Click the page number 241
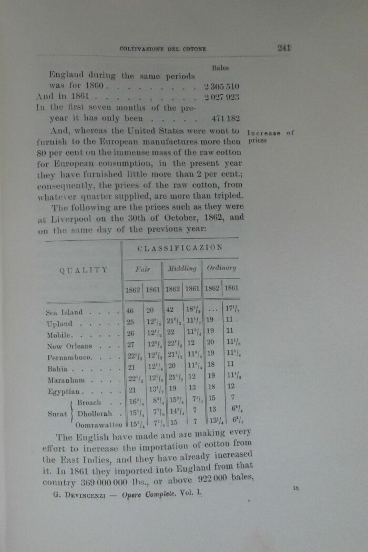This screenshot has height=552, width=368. click(x=284, y=48)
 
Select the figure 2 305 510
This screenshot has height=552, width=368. click(x=223, y=85)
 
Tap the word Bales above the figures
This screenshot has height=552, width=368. click(x=220, y=68)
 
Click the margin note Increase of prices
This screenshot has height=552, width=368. click(x=270, y=136)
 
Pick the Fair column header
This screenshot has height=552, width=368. click(x=142, y=269)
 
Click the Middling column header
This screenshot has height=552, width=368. click(x=182, y=269)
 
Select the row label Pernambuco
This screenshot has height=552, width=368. click(x=70, y=357)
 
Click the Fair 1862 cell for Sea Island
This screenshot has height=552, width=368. click(x=130, y=311)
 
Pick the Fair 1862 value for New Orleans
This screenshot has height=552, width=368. click(x=131, y=345)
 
